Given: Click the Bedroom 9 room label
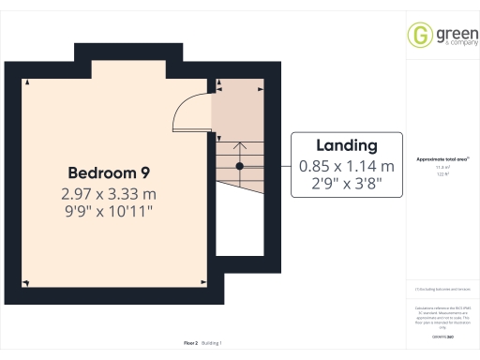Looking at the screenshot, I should coord(108,172).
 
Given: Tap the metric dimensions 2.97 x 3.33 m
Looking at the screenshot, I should coord(108,194).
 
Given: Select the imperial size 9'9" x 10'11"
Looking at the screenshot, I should coord(108,212).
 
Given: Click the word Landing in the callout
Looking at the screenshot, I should coord(347,145).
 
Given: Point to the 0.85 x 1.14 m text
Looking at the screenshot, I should coord(347,166).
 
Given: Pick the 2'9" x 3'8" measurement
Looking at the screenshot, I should coord(347,184).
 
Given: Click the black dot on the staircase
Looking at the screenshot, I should coord(240,166).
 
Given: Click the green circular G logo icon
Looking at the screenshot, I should coord(419,36).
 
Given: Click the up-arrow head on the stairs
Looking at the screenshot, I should coord(240,145).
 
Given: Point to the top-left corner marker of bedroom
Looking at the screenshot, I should coord(28,83).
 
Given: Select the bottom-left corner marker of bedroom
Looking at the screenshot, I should coord(28,282).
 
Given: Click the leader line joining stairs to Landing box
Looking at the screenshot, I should coord(266,166).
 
